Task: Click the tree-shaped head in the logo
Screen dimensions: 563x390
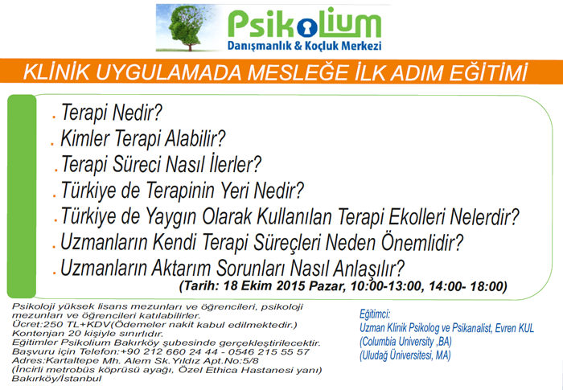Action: click(x=186, y=26)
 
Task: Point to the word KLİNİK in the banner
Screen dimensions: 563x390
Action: click(x=56, y=72)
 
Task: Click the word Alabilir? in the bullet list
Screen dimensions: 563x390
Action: click(x=195, y=138)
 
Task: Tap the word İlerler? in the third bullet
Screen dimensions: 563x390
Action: click(x=235, y=164)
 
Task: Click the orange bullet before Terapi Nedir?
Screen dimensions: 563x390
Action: click(x=54, y=117)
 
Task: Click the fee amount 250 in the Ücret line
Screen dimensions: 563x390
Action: click(x=40, y=325)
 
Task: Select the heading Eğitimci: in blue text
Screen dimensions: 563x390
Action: click(x=375, y=314)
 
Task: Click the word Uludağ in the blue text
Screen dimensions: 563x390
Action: click(x=375, y=355)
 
